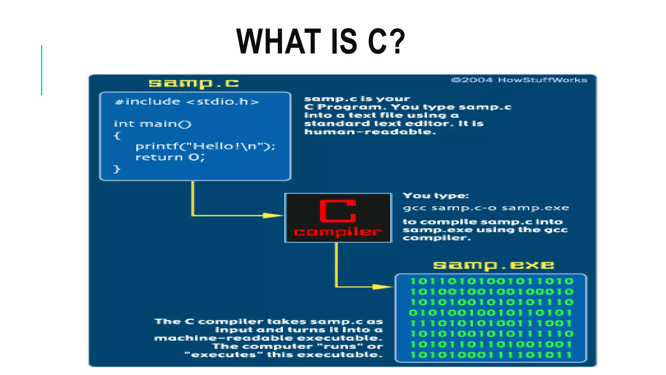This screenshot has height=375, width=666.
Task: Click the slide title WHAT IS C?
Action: click(x=321, y=41)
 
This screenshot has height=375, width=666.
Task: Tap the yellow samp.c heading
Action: click(x=194, y=84)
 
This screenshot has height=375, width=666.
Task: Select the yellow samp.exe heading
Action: click(x=493, y=265)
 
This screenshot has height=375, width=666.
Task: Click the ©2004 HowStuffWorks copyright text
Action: click(x=519, y=80)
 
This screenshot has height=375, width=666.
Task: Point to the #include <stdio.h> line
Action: click(x=187, y=102)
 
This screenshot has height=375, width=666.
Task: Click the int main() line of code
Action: click(x=153, y=124)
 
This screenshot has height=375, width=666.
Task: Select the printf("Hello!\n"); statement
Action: click(x=205, y=146)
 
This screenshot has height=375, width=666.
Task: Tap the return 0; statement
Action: click(x=170, y=158)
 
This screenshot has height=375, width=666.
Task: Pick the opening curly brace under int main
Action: click(x=117, y=135)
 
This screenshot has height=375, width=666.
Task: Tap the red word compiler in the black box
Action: click(x=338, y=232)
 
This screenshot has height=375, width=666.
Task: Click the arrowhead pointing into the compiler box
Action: click(x=273, y=215)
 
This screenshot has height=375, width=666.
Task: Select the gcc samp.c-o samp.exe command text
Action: click(x=486, y=208)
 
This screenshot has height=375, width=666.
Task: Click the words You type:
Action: click(x=436, y=196)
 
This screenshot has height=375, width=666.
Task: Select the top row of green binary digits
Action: click(x=491, y=281)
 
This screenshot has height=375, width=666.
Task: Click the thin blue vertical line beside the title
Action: click(x=42, y=70)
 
